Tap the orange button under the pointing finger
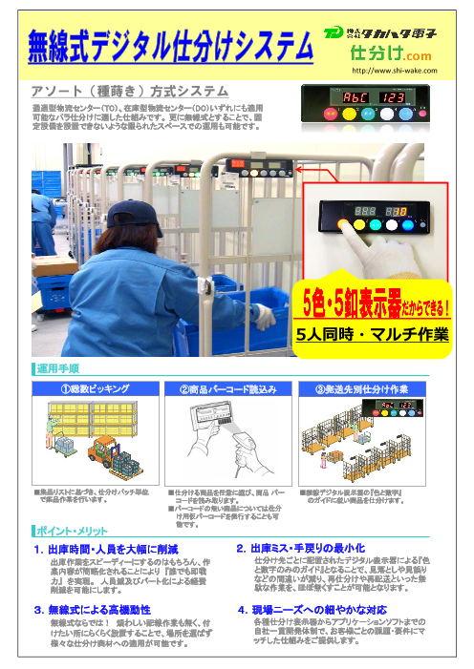click(x=341, y=225)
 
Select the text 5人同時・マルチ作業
click(x=372, y=333)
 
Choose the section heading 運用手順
click(x=59, y=367)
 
